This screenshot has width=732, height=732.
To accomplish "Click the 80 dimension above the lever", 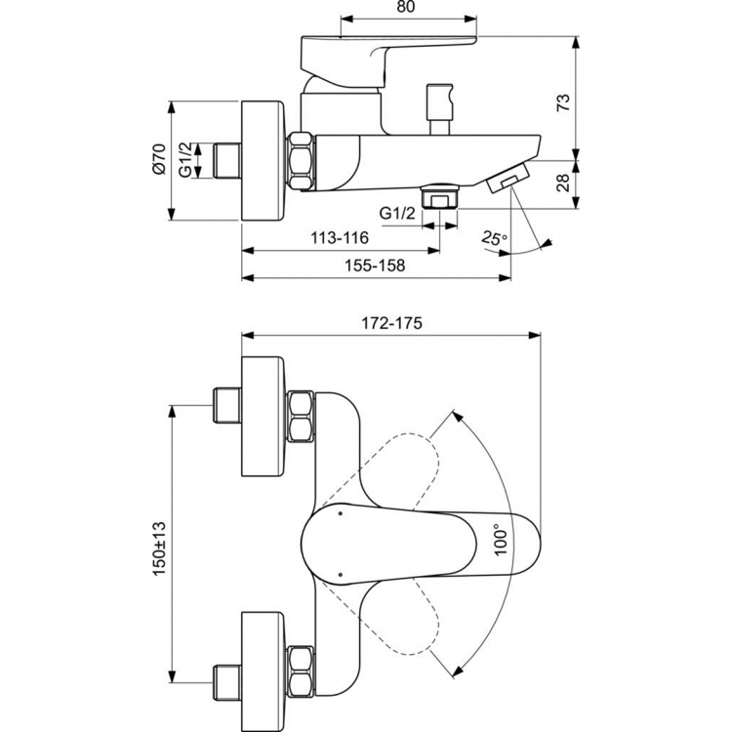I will [407, 8].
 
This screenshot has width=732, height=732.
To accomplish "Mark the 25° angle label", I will [495, 239].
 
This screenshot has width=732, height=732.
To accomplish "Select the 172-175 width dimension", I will [390, 322].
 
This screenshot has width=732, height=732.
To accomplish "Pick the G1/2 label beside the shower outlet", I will [395, 212].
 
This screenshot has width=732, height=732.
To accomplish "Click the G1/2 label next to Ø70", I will [184, 159].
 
